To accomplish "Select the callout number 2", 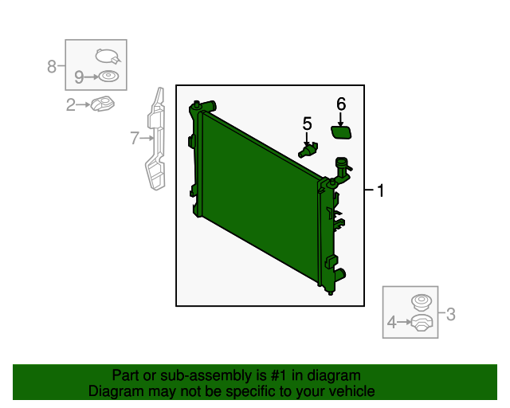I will (70, 104).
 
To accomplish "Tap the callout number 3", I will (450, 314).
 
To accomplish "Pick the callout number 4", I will (391, 322).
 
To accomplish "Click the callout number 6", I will (341, 104).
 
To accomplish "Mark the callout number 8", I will (53, 66).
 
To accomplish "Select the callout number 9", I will (79, 76).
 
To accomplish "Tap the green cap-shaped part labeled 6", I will (342, 129).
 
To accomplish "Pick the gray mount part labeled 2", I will (101, 104).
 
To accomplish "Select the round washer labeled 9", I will (107, 76).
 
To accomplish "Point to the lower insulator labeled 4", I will (420, 323).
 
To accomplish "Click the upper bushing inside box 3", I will (419, 301).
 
